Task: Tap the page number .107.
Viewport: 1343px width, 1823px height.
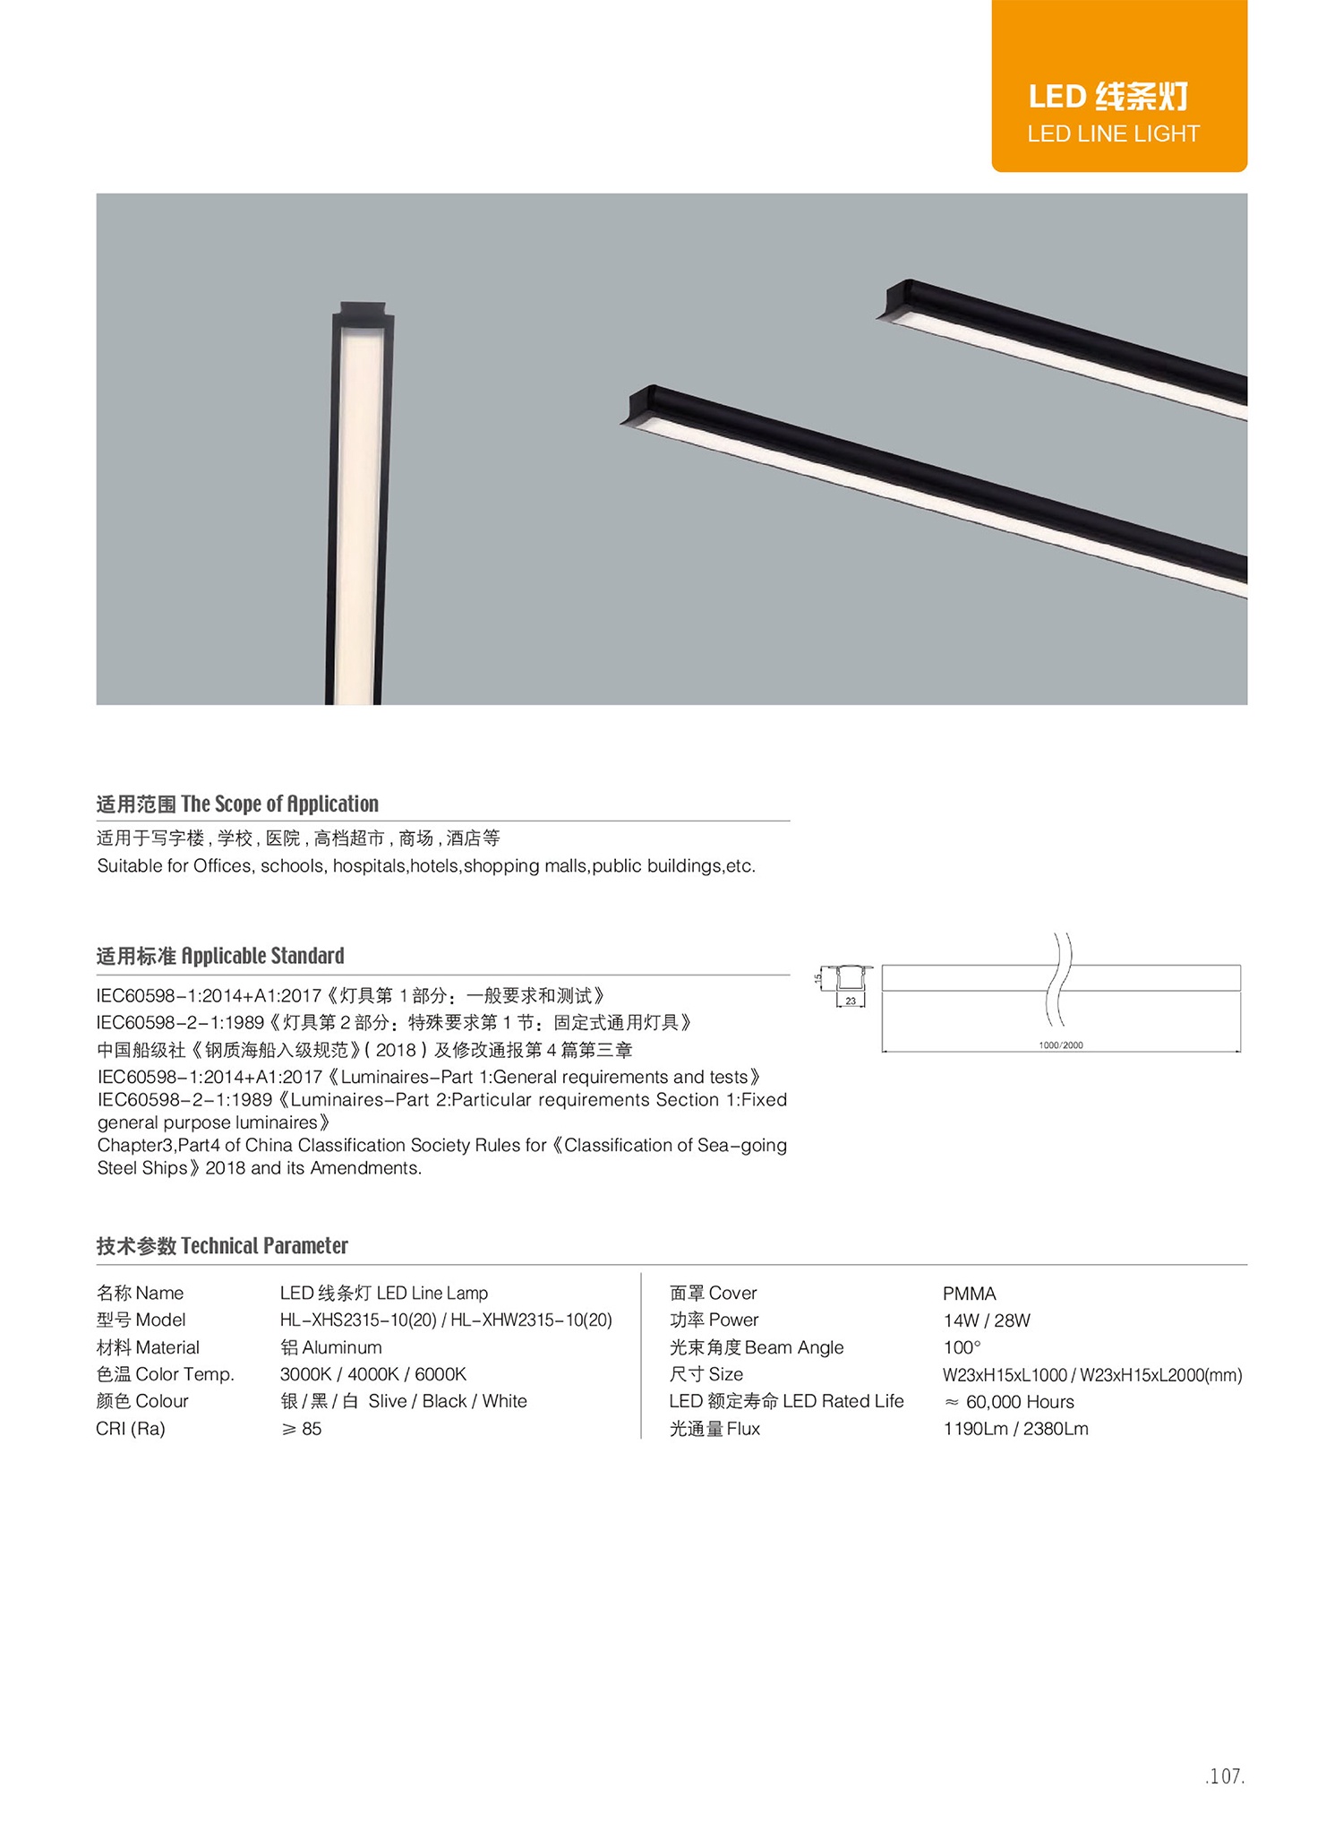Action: (1224, 1776)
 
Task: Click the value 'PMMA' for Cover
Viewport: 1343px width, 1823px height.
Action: (969, 1294)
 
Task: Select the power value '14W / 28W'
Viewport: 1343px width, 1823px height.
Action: (987, 1320)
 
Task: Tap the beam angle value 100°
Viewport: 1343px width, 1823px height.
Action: (962, 1347)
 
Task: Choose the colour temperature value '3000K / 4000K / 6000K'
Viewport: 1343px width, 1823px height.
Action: (372, 1374)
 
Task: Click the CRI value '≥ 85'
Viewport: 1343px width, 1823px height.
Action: (302, 1429)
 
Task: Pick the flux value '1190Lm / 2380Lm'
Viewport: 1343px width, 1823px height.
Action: (1015, 1429)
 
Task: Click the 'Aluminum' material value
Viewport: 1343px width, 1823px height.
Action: (330, 1347)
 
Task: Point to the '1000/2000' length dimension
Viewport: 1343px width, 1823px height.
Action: (1060, 1045)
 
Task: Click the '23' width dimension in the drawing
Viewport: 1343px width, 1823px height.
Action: (851, 1002)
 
